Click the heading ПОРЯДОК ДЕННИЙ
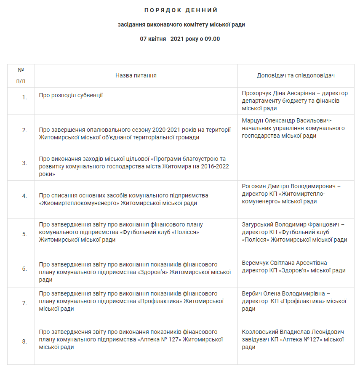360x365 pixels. (x=181, y=10)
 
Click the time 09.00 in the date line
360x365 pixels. (x=212, y=39)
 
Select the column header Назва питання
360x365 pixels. (x=136, y=75)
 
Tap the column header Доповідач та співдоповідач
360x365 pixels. (x=296, y=75)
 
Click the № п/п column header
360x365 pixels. (x=21, y=75)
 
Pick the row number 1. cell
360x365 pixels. (x=24, y=97)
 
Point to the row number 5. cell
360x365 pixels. (x=24, y=234)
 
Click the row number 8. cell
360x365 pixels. (x=24, y=341)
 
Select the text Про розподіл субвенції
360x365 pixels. (x=71, y=95)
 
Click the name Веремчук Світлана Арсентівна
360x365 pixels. (x=285, y=263)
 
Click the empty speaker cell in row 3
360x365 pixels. (x=296, y=167)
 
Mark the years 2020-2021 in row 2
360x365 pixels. (x=165, y=130)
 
